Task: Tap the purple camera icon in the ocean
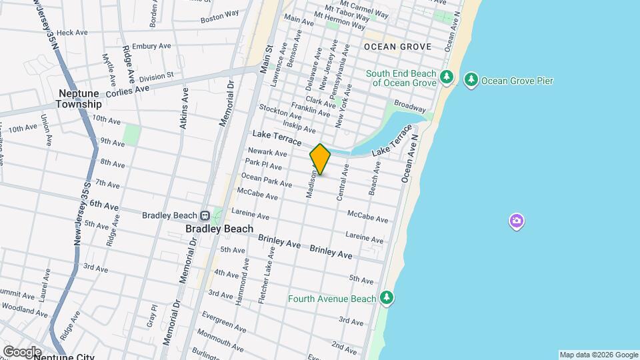(x=516, y=221)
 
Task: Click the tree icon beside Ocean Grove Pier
(x=471, y=81)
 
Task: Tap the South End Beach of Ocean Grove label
(x=400, y=78)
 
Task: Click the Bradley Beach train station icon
(x=205, y=215)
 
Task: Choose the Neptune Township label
(x=79, y=99)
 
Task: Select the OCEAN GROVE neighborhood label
(x=397, y=47)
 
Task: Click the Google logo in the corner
(x=21, y=351)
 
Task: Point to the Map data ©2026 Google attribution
(x=598, y=355)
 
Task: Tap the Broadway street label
(x=409, y=106)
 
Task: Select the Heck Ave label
(x=72, y=32)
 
